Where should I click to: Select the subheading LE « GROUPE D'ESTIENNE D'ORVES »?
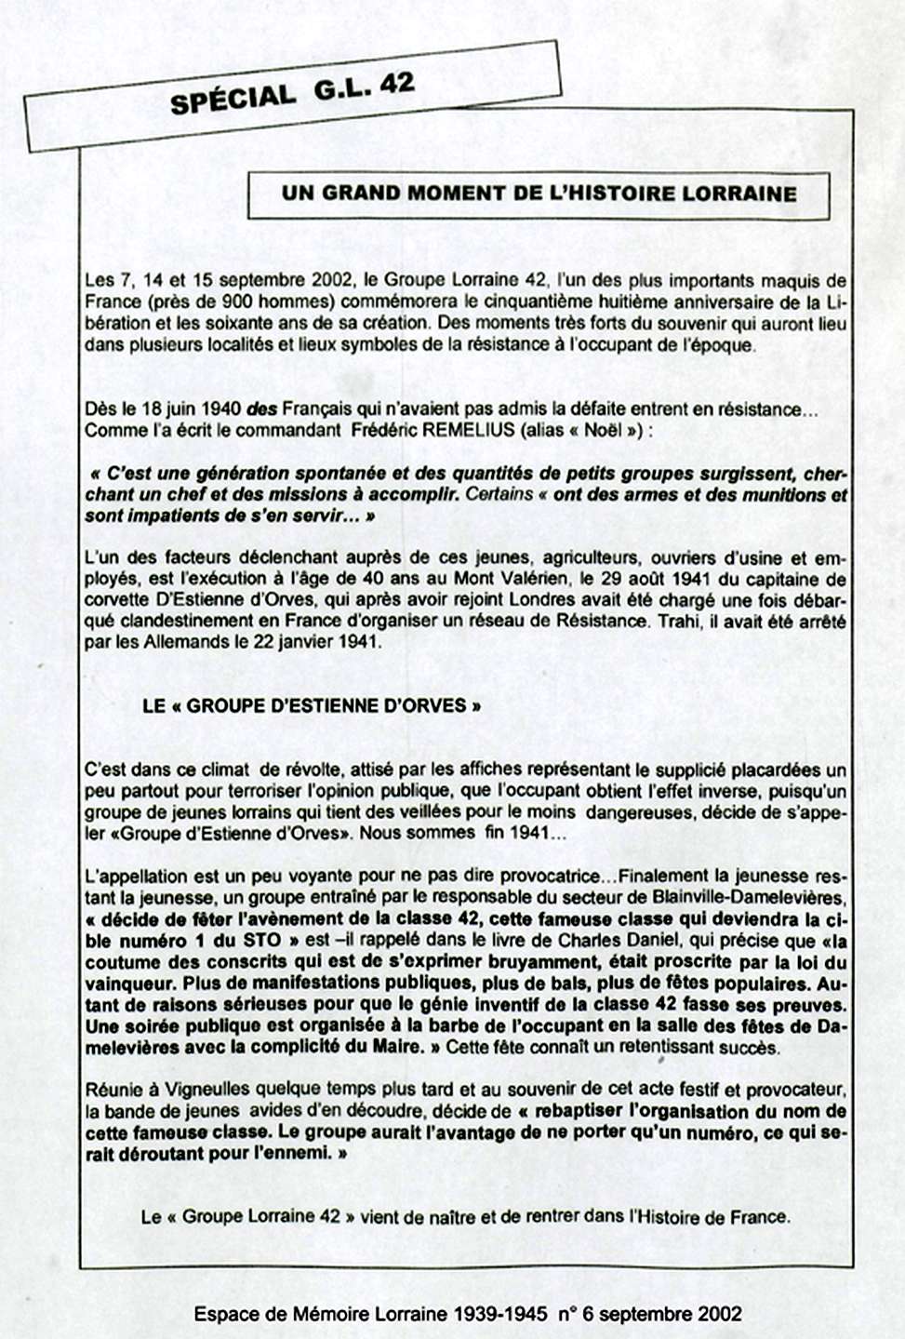[312, 705]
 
